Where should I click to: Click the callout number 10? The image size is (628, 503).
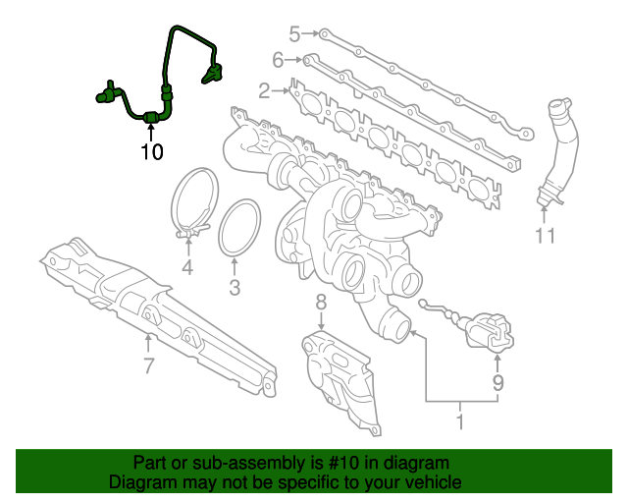pos(151,152)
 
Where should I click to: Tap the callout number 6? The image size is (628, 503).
pos(278,60)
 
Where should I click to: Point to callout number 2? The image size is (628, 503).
pos(264,91)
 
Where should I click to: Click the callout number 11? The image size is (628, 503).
pos(546,236)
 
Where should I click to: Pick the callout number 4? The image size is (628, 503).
pos(186,267)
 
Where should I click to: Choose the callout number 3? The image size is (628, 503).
pos(234,288)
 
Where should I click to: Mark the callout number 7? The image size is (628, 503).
pos(148,367)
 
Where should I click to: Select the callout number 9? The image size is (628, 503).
pos(497,383)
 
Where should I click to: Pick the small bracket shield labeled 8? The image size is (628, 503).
pos(339,378)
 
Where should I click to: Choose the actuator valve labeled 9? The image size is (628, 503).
pos(488,332)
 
